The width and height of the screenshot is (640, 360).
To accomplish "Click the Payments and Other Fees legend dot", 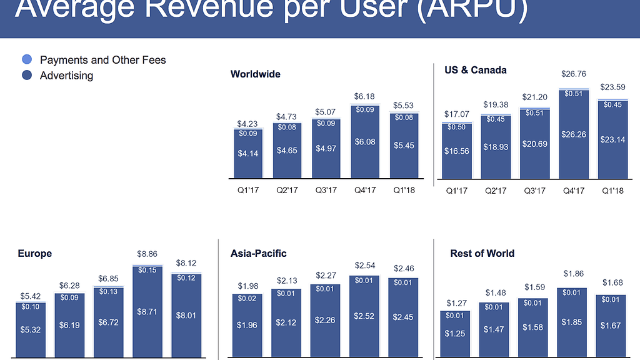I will coord(26,60).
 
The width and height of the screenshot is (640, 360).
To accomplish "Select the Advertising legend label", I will coord(66,76).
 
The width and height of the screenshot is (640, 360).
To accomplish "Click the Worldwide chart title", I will coord(256,74).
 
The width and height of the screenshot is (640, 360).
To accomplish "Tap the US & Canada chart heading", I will coord(475,70).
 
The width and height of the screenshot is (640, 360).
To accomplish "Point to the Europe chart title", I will coord(35,254).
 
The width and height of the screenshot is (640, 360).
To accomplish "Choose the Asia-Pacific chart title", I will coord(259,254).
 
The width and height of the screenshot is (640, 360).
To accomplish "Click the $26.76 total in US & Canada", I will coord(574,74).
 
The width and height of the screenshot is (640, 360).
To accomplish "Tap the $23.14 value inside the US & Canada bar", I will coord(612,140).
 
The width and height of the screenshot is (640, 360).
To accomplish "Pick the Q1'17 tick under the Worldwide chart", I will coord(247,190).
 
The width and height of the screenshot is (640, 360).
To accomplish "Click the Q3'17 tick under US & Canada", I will coord(535,190).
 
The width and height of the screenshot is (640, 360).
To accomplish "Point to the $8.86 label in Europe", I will coord(147,254).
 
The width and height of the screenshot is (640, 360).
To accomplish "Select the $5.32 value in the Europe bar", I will coord(29,329).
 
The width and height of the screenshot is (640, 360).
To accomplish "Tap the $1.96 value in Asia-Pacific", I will coord(247,325).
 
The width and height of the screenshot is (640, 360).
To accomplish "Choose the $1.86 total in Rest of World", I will coord(574,274).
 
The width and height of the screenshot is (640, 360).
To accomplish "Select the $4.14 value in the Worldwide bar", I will coord(248,153).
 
